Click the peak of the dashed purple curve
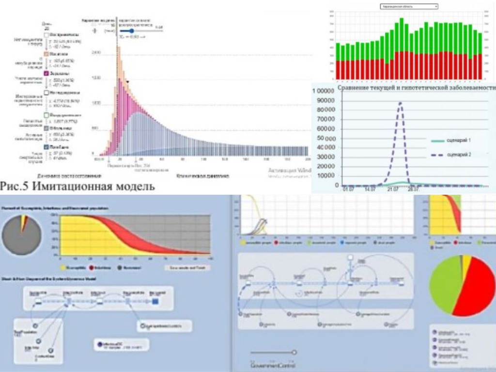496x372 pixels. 400,102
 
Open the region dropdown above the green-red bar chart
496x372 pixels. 409,6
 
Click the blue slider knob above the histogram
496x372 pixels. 131,31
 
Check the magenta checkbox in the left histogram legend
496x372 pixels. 46,73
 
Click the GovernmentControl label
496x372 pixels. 272,364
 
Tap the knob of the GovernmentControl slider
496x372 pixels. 294,352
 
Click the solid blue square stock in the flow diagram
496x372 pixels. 155,301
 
